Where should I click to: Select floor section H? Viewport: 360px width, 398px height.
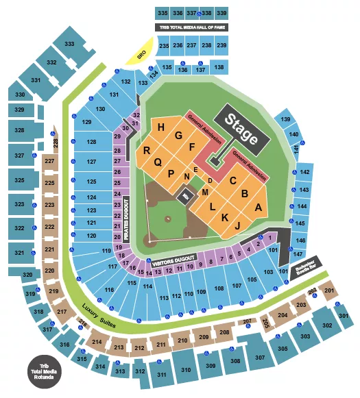click(x=160, y=127)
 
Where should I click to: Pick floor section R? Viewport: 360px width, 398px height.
click(x=147, y=151)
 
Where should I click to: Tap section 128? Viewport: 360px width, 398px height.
click(x=91, y=142)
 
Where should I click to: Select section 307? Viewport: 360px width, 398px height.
click(x=259, y=358)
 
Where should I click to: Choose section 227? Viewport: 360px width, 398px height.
click(x=49, y=162)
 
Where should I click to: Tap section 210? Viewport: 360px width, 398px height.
click(x=182, y=340)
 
